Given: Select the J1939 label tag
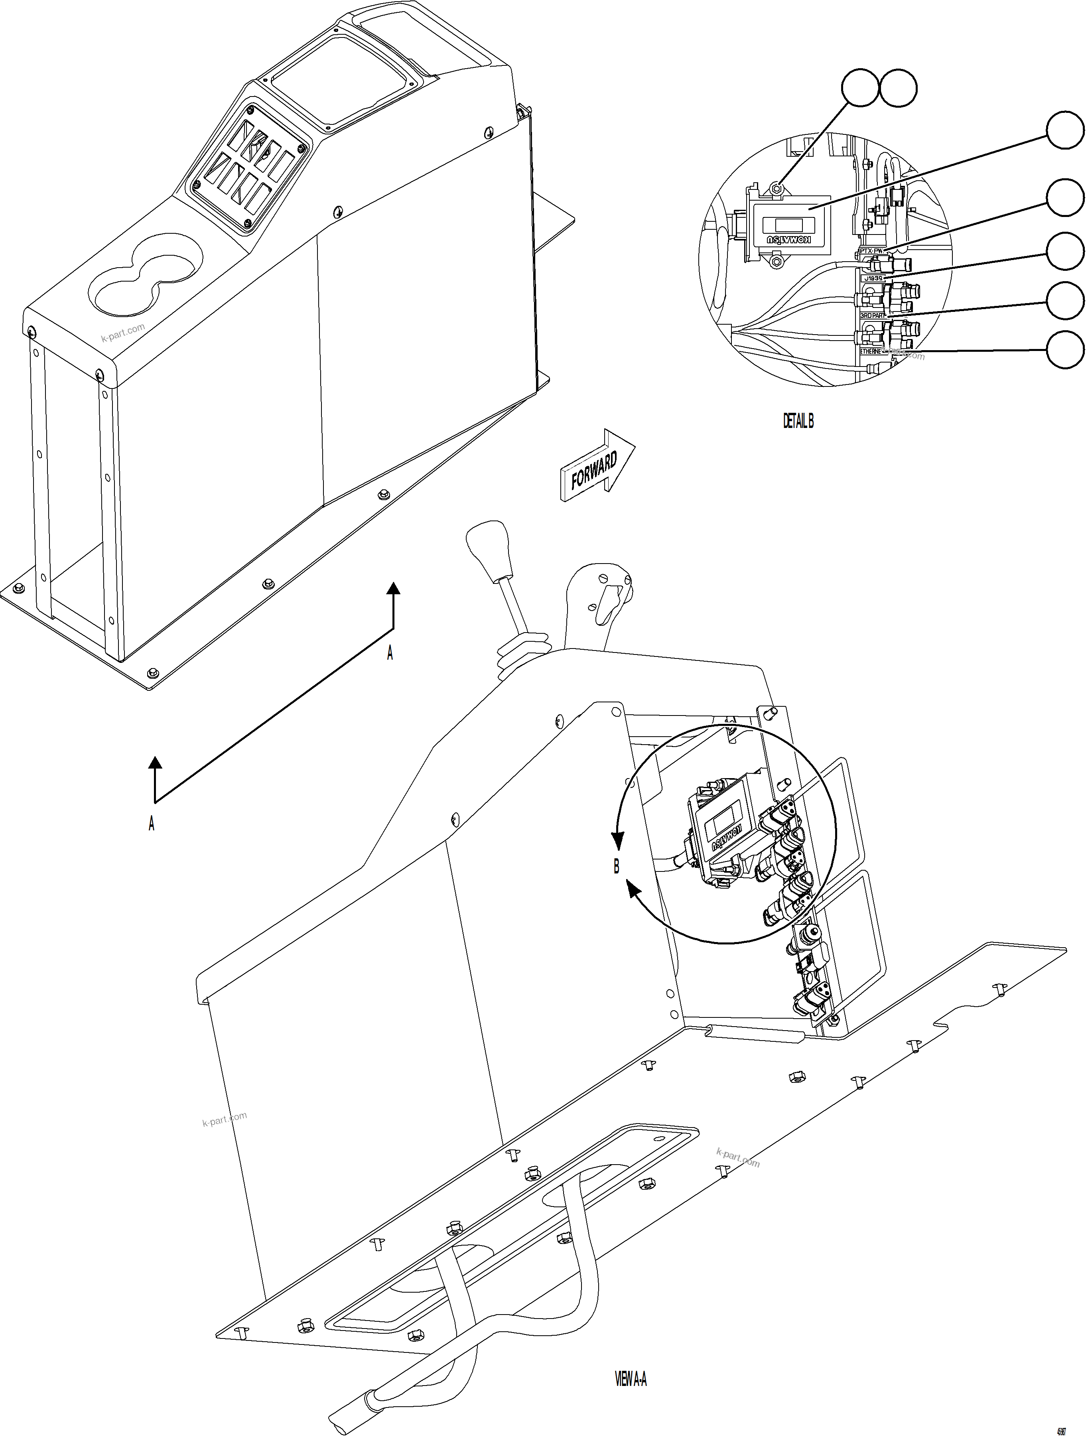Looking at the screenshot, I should pos(873,278).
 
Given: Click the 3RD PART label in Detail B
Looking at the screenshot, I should pos(872,315).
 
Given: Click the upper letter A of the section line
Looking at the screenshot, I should pos(390,653).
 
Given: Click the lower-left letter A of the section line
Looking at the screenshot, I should pos(151,824).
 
